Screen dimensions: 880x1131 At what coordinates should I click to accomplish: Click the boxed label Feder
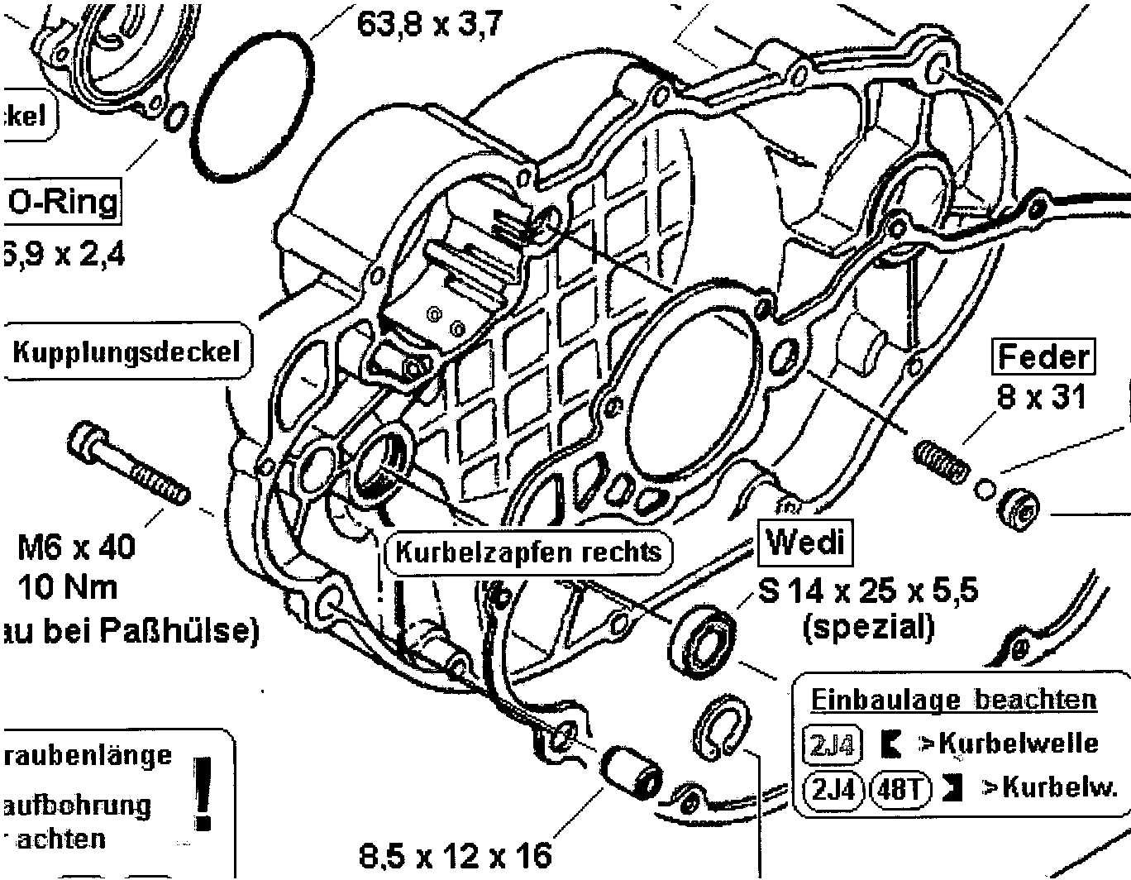click(x=1043, y=357)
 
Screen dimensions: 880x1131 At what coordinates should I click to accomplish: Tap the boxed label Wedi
click(x=804, y=543)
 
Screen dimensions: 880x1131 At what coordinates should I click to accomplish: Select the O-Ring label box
click(x=62, y=202)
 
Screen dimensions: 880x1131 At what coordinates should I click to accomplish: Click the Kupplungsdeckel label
click(x=126, y=352)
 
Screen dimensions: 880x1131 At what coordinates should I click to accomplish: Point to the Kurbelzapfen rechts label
click(x=528, y=552)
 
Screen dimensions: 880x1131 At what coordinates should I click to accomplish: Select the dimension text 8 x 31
click(x=1041, y=398)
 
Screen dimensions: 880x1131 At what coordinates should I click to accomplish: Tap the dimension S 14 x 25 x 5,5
click(x=868, y=591)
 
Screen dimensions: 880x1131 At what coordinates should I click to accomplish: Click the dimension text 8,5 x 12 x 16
click(x=456, y=854)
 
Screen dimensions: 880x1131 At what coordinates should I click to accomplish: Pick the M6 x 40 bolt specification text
click(x=77, y=547)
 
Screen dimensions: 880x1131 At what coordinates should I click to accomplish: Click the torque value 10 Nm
click(x=68, y=587)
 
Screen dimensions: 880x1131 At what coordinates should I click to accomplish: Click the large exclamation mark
click(x=201, y=792)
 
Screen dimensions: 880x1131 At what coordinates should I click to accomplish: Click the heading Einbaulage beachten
click(x=952, y=700)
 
